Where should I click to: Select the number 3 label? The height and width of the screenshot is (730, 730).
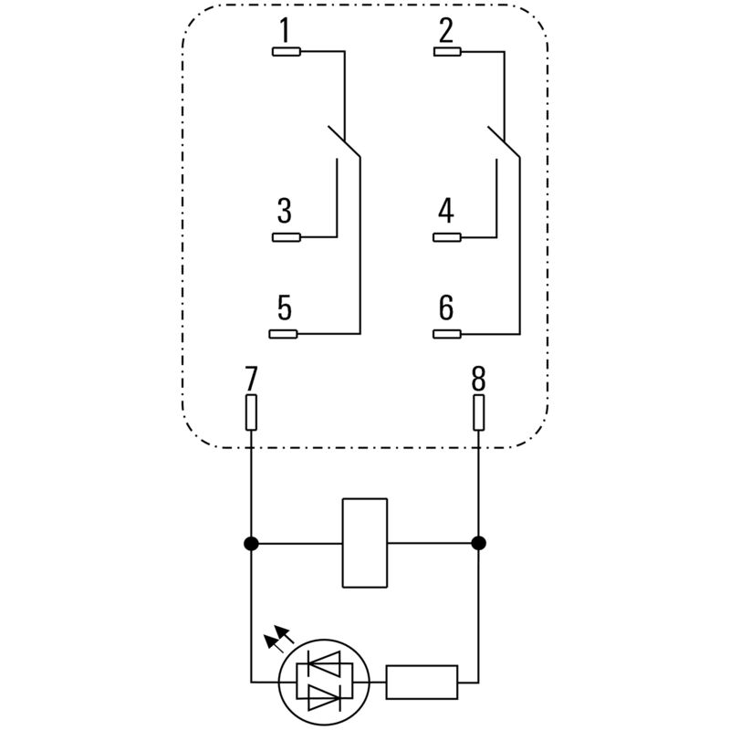coord(285,212)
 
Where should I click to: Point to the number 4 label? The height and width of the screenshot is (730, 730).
coord(445,212)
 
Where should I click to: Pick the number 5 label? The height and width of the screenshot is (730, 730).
coord(285,308)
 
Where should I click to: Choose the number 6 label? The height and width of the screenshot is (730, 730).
coord(445,308)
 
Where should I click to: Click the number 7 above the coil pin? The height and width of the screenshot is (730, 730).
coord(251,377)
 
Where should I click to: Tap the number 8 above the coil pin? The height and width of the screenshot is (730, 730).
coord(479,377)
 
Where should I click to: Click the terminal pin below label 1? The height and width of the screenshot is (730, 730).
coord(287,51)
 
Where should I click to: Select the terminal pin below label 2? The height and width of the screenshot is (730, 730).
coord(447,51)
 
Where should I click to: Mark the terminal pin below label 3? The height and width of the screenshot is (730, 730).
coord(287,238)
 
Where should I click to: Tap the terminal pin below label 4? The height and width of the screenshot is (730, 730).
coord(447,238)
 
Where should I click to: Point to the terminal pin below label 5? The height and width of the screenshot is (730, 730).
coord(287,334)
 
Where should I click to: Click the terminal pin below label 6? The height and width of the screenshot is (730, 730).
coord(447,334)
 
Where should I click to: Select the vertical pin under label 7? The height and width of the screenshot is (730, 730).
coord(251,412)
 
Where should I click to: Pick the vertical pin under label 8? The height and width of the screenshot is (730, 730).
coord(479,412)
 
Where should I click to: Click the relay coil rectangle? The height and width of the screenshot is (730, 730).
coord(365,543)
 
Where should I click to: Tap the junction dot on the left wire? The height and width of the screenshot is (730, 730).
coord(251,544)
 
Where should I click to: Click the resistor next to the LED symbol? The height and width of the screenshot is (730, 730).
coord(422,682)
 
